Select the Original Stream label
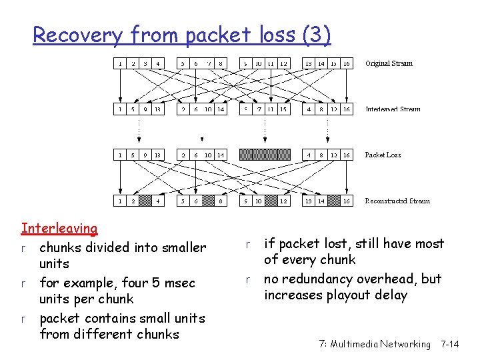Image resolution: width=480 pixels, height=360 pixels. coord(389,64)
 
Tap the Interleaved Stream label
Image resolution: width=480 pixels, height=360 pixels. coord(393,109)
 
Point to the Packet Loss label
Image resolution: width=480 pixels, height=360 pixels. coord(383,155)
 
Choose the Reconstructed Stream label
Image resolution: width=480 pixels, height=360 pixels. coord(397,201)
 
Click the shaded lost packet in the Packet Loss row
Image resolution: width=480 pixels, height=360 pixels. coord(265,155)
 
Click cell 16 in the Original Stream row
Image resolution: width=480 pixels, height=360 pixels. coord(347,64)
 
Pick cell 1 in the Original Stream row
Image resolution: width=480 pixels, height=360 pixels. coord(119,64)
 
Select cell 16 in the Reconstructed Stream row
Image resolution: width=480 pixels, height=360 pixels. coord(347,201)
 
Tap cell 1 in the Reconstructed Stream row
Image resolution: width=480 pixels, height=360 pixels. coord(119,201)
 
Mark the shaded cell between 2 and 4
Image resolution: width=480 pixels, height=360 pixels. coord(145,201)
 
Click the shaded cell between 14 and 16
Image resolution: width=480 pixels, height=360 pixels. coord(334,201)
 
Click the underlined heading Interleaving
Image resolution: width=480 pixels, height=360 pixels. coord(59,229)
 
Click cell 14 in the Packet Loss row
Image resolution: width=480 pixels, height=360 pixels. coord(221,155)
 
